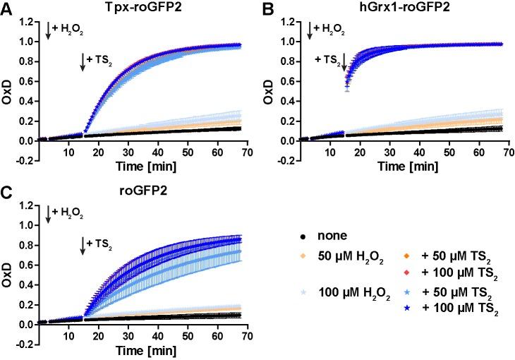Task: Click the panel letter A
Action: [x=6, y=9]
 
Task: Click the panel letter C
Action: [x=6, y=193]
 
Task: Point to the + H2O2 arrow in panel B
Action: [x=308, y=30]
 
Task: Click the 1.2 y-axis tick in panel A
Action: [x=27, y=21]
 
